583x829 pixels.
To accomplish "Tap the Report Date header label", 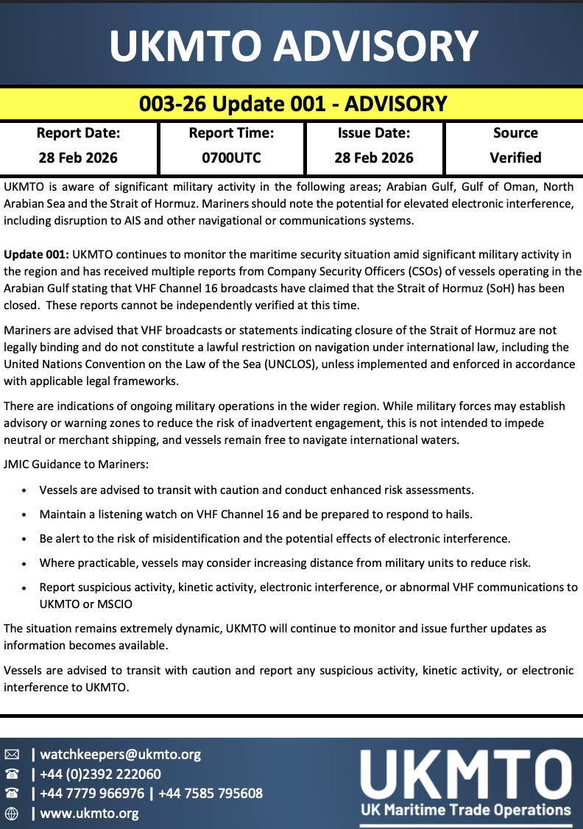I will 78,133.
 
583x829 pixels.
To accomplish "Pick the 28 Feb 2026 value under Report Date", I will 78,158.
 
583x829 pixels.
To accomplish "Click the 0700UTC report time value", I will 231,158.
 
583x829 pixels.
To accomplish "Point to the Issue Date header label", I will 374,133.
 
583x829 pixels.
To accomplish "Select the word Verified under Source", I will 515,158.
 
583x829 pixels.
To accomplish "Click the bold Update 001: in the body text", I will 37,255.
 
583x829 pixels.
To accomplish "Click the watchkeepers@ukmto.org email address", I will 120,755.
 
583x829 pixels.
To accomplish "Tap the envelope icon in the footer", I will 12,755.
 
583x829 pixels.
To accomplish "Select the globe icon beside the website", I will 12,814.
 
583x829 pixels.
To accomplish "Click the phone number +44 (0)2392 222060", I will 100,775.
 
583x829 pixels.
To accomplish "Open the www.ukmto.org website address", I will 89,814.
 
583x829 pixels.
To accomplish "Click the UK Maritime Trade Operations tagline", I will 465,811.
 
